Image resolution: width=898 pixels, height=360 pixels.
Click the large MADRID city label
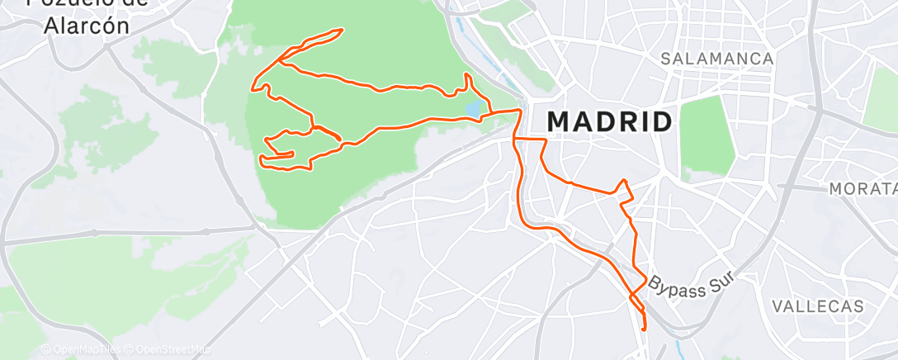tap(609, 121)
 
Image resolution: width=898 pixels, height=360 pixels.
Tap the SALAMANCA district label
tap(717, 59)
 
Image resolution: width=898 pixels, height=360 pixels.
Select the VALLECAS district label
tap(818, 306)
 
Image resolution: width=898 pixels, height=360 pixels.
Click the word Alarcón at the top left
tap(88, 25)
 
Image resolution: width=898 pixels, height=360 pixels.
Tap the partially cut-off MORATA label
tap(863, 189)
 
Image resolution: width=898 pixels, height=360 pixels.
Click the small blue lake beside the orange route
tap(472, 109)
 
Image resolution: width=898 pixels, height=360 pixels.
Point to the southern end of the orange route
tap(644, 329)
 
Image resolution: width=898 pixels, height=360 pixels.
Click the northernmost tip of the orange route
tap(340, 31)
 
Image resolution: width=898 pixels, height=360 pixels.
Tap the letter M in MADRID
tap(560, 121)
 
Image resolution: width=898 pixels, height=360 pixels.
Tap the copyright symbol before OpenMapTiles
tap(45, 349)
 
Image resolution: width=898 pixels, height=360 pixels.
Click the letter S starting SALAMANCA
tap(666, 59)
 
